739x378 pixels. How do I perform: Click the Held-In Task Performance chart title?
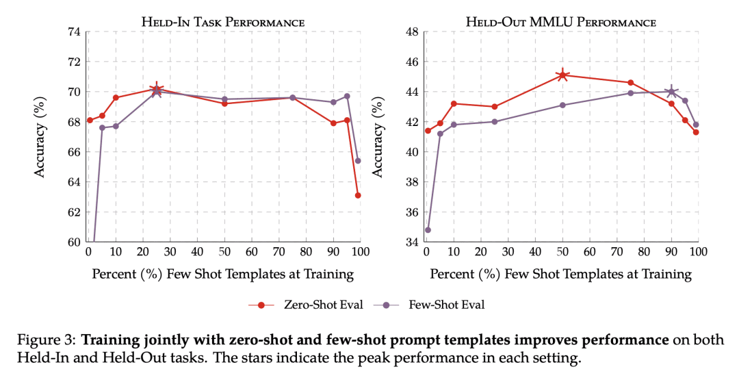click(223, 22)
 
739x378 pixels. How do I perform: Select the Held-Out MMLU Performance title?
click(561, 22)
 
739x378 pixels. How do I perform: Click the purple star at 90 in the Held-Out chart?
click(671, 91)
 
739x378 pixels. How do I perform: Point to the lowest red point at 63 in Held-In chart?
click(358, 195)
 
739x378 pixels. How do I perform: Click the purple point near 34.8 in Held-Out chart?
click(428, 229)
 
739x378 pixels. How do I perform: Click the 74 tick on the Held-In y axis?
click(73, 32)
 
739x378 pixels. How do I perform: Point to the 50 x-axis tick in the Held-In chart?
click(224, 251)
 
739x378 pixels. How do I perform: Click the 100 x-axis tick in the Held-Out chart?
click(697, 251)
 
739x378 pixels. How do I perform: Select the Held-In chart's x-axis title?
click(223, 274)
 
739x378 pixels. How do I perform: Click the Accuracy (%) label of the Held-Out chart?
click(377, 137)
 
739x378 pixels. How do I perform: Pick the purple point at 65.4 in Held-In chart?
click(358, 161)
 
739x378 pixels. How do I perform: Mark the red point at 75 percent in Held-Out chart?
click(630, 82)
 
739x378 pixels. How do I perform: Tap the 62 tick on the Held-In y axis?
click(73, 212)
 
